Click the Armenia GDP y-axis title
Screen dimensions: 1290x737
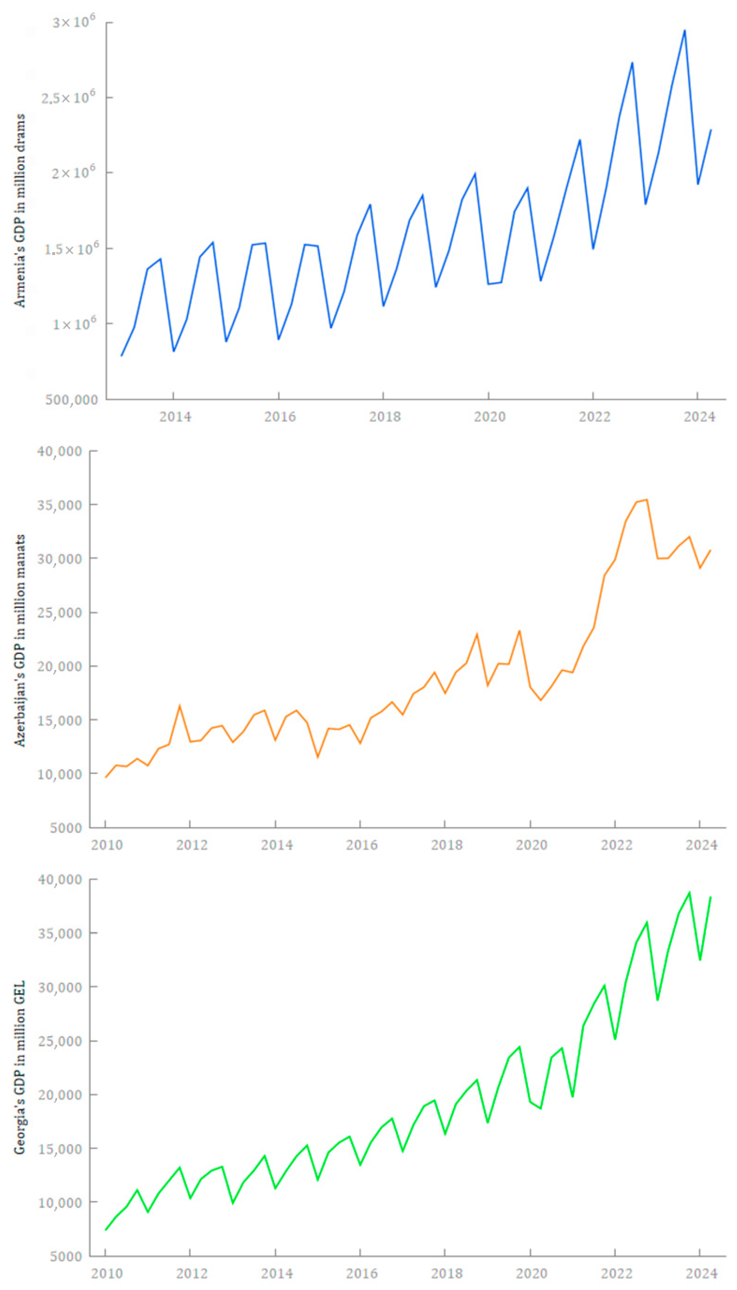click(x=19, y=210)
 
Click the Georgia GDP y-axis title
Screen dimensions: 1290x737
click(x=19, y=1068)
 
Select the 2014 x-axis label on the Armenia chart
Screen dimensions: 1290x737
click(x=175, y=417)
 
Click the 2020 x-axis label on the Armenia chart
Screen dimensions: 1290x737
click(x=489, y=417)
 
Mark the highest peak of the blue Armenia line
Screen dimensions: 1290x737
click(x=684, y=30)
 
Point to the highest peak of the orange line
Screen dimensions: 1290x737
click(x=646, y=500)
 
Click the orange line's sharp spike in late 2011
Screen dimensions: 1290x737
click(x=179, y=706)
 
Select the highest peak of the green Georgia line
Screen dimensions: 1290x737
click(x=689, y=893)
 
